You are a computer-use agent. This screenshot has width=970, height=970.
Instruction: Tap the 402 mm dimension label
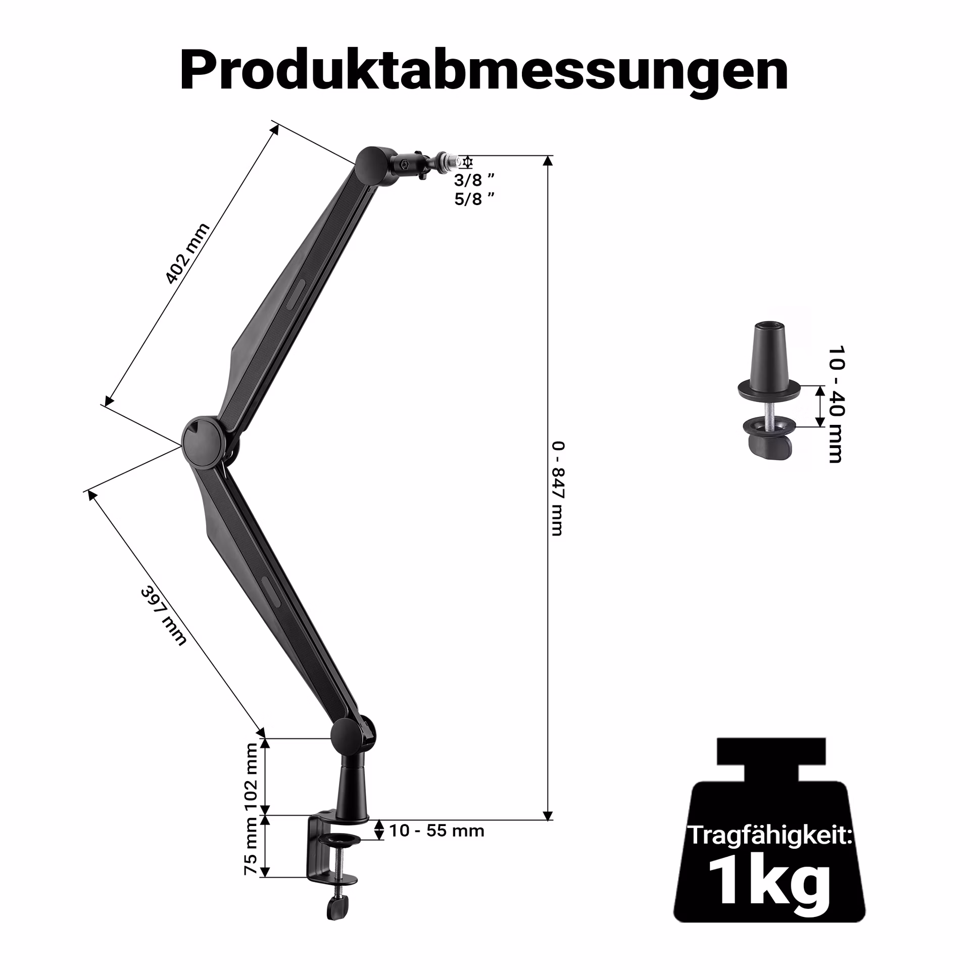pyautogui.click(x=187, y=253)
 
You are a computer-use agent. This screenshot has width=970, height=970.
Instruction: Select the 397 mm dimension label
pyautogui.click(x=164, y=615)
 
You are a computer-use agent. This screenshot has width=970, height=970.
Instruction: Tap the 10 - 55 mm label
pyautogui.click(x=437, y=831)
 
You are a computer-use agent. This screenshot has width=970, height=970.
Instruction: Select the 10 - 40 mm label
pyautogui.click(x=836, y=404)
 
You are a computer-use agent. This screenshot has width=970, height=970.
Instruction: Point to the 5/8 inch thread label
pyautogui.click(x=474, y=199)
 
